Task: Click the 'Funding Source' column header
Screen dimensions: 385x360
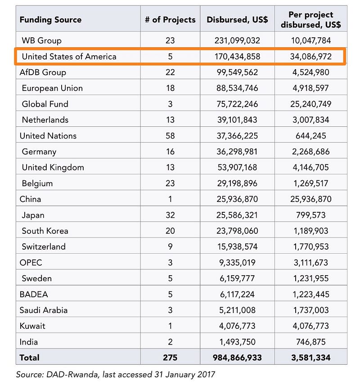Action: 50,20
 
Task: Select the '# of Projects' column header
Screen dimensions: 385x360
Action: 170,20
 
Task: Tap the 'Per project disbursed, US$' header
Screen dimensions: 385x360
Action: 311,20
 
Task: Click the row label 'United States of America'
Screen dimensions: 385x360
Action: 69,56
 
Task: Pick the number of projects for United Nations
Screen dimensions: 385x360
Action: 170,136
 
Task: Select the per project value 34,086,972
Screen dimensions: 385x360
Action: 311,56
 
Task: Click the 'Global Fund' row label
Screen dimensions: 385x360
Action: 45,104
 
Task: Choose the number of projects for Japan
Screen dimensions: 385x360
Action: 170,215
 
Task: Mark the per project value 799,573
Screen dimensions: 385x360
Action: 311,215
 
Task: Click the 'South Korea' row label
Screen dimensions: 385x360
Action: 45,231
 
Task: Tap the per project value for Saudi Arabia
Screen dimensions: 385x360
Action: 311,310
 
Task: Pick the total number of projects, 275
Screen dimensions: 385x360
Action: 170,358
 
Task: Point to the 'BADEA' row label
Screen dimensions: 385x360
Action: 34,294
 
